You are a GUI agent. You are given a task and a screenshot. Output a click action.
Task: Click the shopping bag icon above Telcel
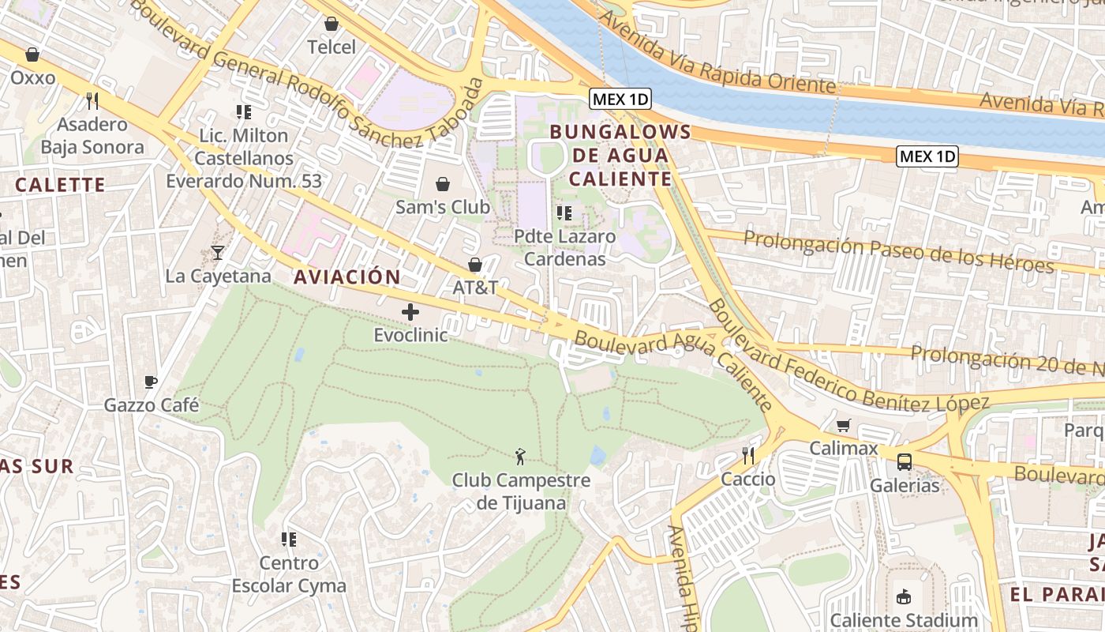[331, 24]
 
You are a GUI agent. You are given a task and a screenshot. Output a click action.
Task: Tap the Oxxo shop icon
[32, 55]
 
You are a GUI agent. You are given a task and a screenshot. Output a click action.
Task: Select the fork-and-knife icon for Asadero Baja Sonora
[92, 100]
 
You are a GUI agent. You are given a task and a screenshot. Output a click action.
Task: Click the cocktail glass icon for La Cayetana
[218, 253]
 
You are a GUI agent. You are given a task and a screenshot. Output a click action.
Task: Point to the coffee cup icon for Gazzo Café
[151, 382]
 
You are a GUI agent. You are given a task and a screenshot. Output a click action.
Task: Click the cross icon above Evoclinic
[410, 312]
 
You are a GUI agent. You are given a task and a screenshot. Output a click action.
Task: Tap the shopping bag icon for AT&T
[475, 265]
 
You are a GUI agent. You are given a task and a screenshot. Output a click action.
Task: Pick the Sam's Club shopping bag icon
[443, 184]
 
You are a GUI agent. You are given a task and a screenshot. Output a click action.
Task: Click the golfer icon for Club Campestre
[520, 456]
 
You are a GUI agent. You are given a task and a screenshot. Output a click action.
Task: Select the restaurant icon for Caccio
[748, 456]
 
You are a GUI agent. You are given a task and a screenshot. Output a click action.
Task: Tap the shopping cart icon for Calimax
[844, 426]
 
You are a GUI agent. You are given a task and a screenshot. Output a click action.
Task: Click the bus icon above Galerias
[905, 462]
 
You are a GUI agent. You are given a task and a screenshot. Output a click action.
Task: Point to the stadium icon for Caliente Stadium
[904, 597]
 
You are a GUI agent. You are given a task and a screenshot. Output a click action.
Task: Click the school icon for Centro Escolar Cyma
[289, 540]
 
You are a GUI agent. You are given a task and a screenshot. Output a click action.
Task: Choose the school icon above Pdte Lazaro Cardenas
[564, 213]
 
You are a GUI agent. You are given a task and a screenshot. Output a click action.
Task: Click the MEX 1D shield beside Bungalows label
[620, 99]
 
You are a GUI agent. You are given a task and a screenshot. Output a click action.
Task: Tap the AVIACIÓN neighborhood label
[347, 277]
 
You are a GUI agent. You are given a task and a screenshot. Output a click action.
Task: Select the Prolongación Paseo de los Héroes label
[899, 250]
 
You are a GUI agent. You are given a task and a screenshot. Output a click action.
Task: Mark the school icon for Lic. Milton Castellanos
[244, 112]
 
